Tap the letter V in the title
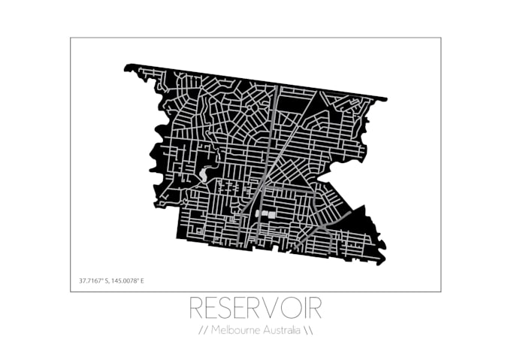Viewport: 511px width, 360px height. (273, 308)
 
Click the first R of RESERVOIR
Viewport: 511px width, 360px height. (194, 308)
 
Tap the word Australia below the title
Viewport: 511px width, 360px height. (280, 331)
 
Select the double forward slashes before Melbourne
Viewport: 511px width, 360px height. (203, 331)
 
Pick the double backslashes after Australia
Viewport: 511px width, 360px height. (307, 331)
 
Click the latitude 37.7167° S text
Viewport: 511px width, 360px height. (95, 281)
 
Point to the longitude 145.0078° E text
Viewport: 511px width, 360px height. (127, 281)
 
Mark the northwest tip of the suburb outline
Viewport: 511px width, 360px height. (127, 68)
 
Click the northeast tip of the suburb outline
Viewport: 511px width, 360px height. (386, 98)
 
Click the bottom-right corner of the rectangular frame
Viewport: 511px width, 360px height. (441, 292)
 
